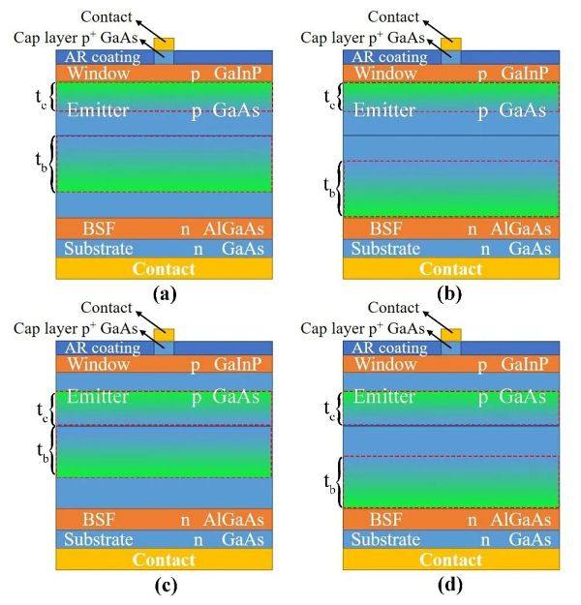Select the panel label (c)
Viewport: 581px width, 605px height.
(163, 584)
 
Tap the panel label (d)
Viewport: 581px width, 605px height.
(450, 584)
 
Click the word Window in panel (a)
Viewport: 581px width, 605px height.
(95, 73)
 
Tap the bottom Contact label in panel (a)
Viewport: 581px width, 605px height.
(163, 268)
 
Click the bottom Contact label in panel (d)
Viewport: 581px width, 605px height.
(451, 560)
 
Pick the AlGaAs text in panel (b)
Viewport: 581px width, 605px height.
(519, 228)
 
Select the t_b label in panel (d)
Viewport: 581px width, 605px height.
(327, 480)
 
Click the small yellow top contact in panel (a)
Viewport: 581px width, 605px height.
(164, 45)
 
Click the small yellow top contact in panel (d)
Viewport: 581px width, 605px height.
(451, 334)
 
